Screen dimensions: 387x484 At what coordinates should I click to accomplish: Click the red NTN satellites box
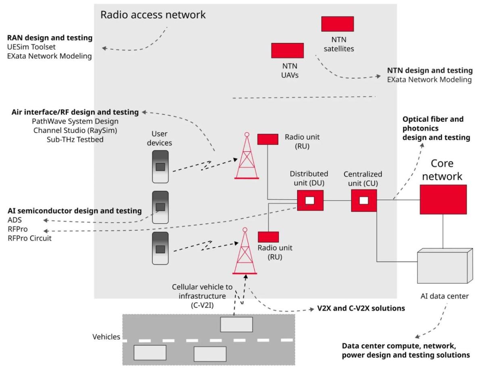click(x=337, y=24)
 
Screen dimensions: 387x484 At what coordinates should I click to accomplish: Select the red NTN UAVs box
click(x=287, y=50)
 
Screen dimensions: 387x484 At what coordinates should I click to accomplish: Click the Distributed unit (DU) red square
click(x=310, y=200)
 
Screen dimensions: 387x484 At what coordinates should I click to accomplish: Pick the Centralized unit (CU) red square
click(x=364, y=200)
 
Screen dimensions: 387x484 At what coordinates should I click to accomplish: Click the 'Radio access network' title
click(x=153, y=15)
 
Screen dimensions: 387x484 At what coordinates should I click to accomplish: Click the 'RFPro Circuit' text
click(x=29, y=238)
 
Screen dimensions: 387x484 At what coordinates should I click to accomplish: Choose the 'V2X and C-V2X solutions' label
click(x=359, y=309)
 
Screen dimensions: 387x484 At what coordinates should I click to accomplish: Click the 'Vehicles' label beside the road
click(x=106, y=337)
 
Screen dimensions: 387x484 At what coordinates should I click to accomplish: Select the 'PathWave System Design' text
click(x=75, y=121)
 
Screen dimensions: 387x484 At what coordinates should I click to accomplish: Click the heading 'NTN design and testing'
click(x=430, y=71)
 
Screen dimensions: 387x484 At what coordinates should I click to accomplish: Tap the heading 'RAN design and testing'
click(x=50, y=38)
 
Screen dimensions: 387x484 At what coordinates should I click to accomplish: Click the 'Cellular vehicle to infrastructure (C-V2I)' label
click(x=202, y=296)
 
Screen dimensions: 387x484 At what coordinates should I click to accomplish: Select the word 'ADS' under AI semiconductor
click(x=15, y=220)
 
